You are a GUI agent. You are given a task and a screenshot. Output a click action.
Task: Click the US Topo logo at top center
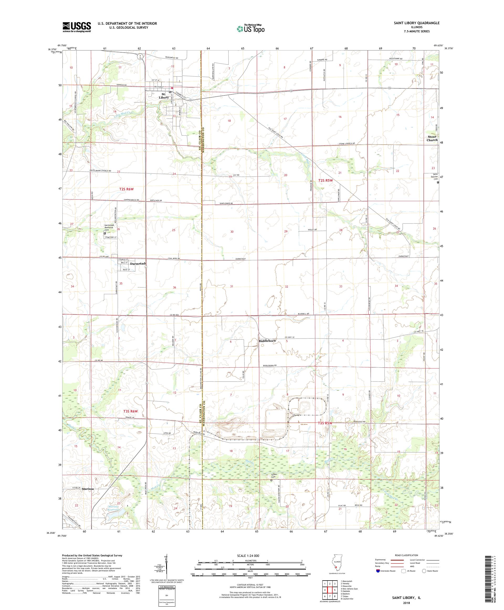(x=251, y=28)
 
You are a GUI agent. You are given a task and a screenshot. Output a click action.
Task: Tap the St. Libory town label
(x=164, y=96)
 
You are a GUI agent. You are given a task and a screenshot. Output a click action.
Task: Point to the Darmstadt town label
(x=136, y=264)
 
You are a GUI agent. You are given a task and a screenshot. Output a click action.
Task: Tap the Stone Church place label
(x=432, y=138)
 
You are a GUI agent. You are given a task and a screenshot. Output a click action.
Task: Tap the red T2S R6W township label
(x=127, y=189)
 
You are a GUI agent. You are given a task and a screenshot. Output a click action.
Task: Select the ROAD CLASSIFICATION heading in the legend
(x=407, y=555)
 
